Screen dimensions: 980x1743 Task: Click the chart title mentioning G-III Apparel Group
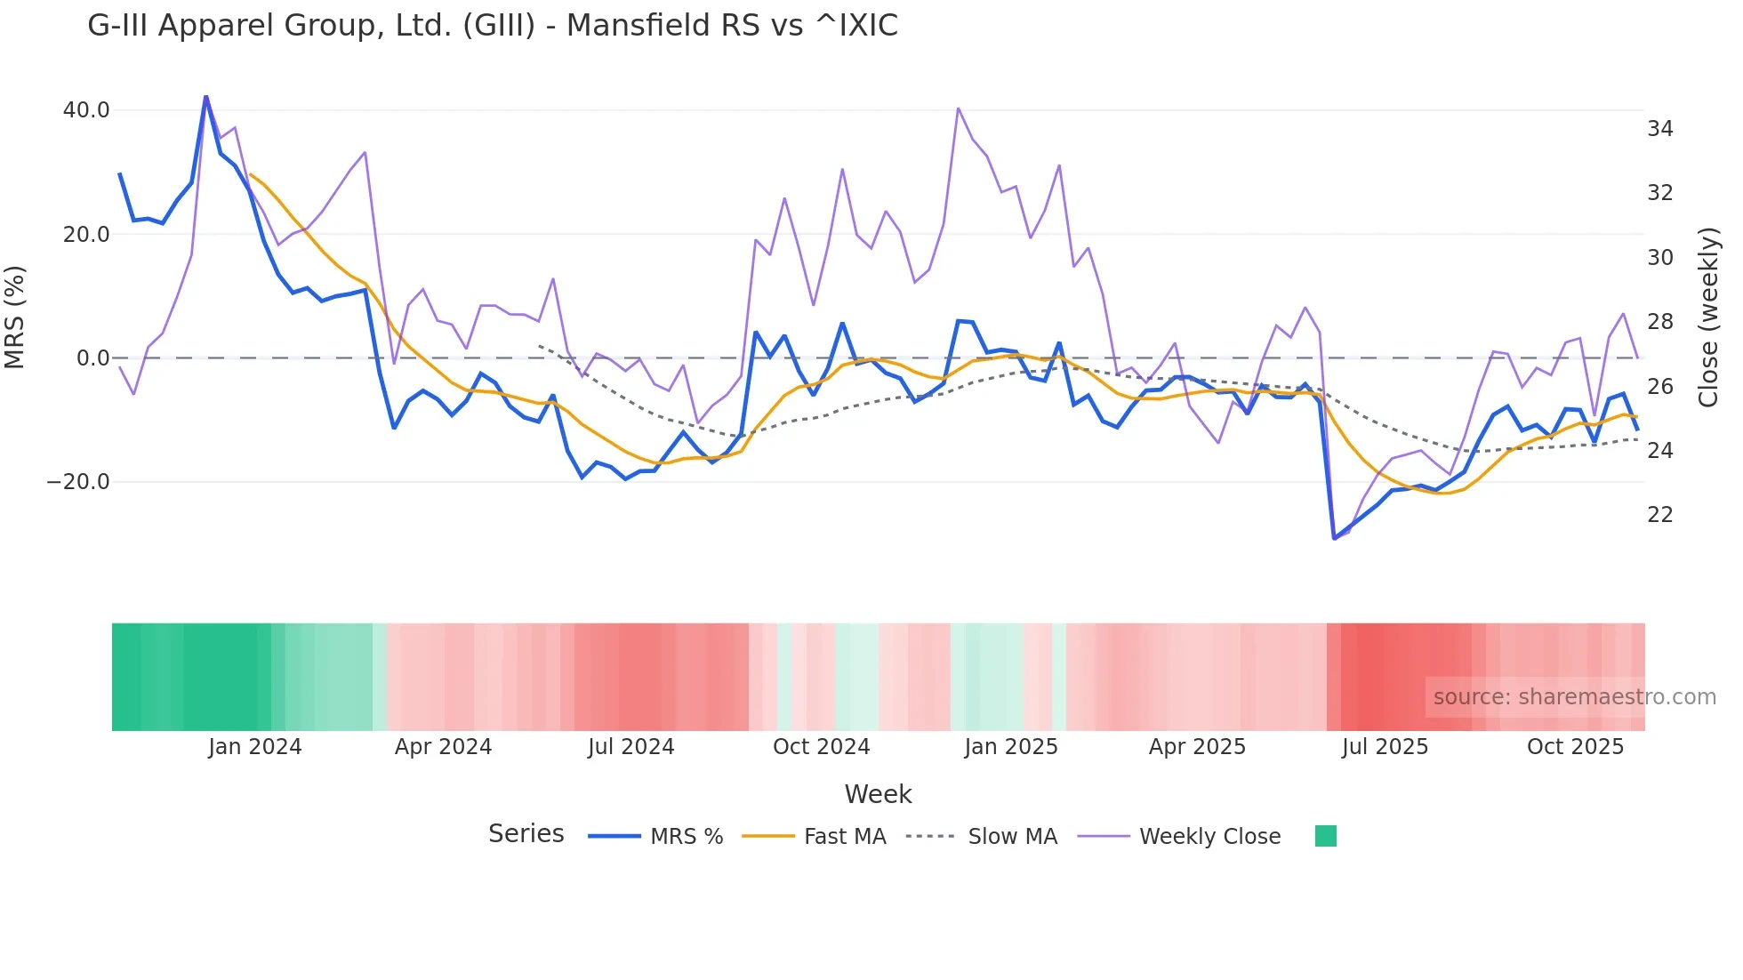[493, 26]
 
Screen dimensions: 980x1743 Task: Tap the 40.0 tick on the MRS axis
[86, 110]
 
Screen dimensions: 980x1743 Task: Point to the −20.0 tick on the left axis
[78, 482]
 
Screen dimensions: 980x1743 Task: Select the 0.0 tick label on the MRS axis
[93, 358]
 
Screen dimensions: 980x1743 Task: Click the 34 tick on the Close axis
[1659, 129]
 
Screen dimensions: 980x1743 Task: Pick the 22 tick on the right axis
[1659, 515]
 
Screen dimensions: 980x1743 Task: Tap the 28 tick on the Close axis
[1659, 322]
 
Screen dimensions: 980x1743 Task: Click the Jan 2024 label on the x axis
[255, 747]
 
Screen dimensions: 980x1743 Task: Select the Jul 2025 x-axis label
[1385, 747]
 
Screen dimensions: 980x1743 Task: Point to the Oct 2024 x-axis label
[821, 747]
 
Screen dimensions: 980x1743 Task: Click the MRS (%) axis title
[15, 317]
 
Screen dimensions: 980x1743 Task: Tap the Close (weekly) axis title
[1708, 317]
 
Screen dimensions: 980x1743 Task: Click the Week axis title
[878, 794]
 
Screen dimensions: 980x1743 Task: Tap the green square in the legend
[1326, 836]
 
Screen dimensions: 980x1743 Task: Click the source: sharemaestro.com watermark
[1574, 697]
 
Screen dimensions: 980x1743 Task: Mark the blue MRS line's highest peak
[206, 97]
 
